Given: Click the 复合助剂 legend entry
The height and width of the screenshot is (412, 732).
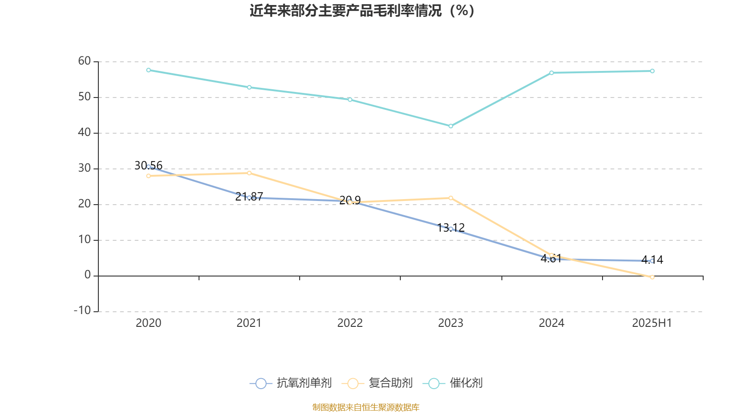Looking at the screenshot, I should [379, 383].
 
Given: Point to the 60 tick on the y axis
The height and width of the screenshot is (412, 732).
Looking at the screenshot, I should [85, 61].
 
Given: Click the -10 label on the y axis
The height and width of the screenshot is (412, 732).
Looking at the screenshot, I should [83, 311].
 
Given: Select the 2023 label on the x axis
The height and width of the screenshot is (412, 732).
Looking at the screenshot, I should [451, 323].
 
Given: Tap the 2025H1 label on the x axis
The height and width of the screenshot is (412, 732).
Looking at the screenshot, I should [652, 323].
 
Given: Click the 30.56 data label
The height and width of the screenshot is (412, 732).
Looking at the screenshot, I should [148, 165].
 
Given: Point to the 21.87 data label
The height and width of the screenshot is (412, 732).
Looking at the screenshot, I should [249, 196].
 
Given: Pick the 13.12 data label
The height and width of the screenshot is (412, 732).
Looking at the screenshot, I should [451, 228].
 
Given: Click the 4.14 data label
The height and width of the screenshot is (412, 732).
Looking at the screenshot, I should [652, 260].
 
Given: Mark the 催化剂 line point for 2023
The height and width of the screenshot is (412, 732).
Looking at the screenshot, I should [451, 126].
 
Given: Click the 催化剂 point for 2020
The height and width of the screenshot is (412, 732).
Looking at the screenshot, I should [148, 70].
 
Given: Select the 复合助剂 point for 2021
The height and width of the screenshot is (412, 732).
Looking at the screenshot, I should [249, 173].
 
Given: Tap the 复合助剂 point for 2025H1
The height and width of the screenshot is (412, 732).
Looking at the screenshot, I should [652, 277].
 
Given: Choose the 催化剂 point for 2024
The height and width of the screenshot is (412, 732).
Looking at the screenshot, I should [552, 73].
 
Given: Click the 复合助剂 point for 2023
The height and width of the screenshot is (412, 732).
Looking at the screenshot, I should [451, 198].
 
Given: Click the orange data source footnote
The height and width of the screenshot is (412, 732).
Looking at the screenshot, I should [366, 407].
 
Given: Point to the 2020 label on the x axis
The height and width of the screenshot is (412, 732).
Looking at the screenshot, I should [148, 323].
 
